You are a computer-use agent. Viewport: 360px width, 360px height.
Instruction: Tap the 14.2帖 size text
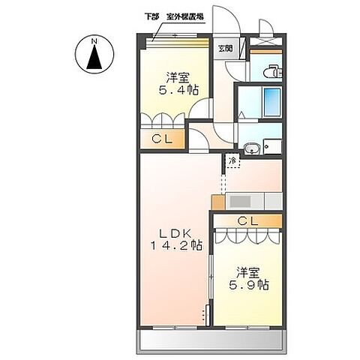[175, 245]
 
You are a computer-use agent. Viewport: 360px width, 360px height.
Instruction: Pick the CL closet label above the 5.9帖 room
[247, 220]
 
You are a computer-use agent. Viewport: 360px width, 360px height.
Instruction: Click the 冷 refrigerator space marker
[232, 160]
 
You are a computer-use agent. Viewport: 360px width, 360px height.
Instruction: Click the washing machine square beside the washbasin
[273, 148]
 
